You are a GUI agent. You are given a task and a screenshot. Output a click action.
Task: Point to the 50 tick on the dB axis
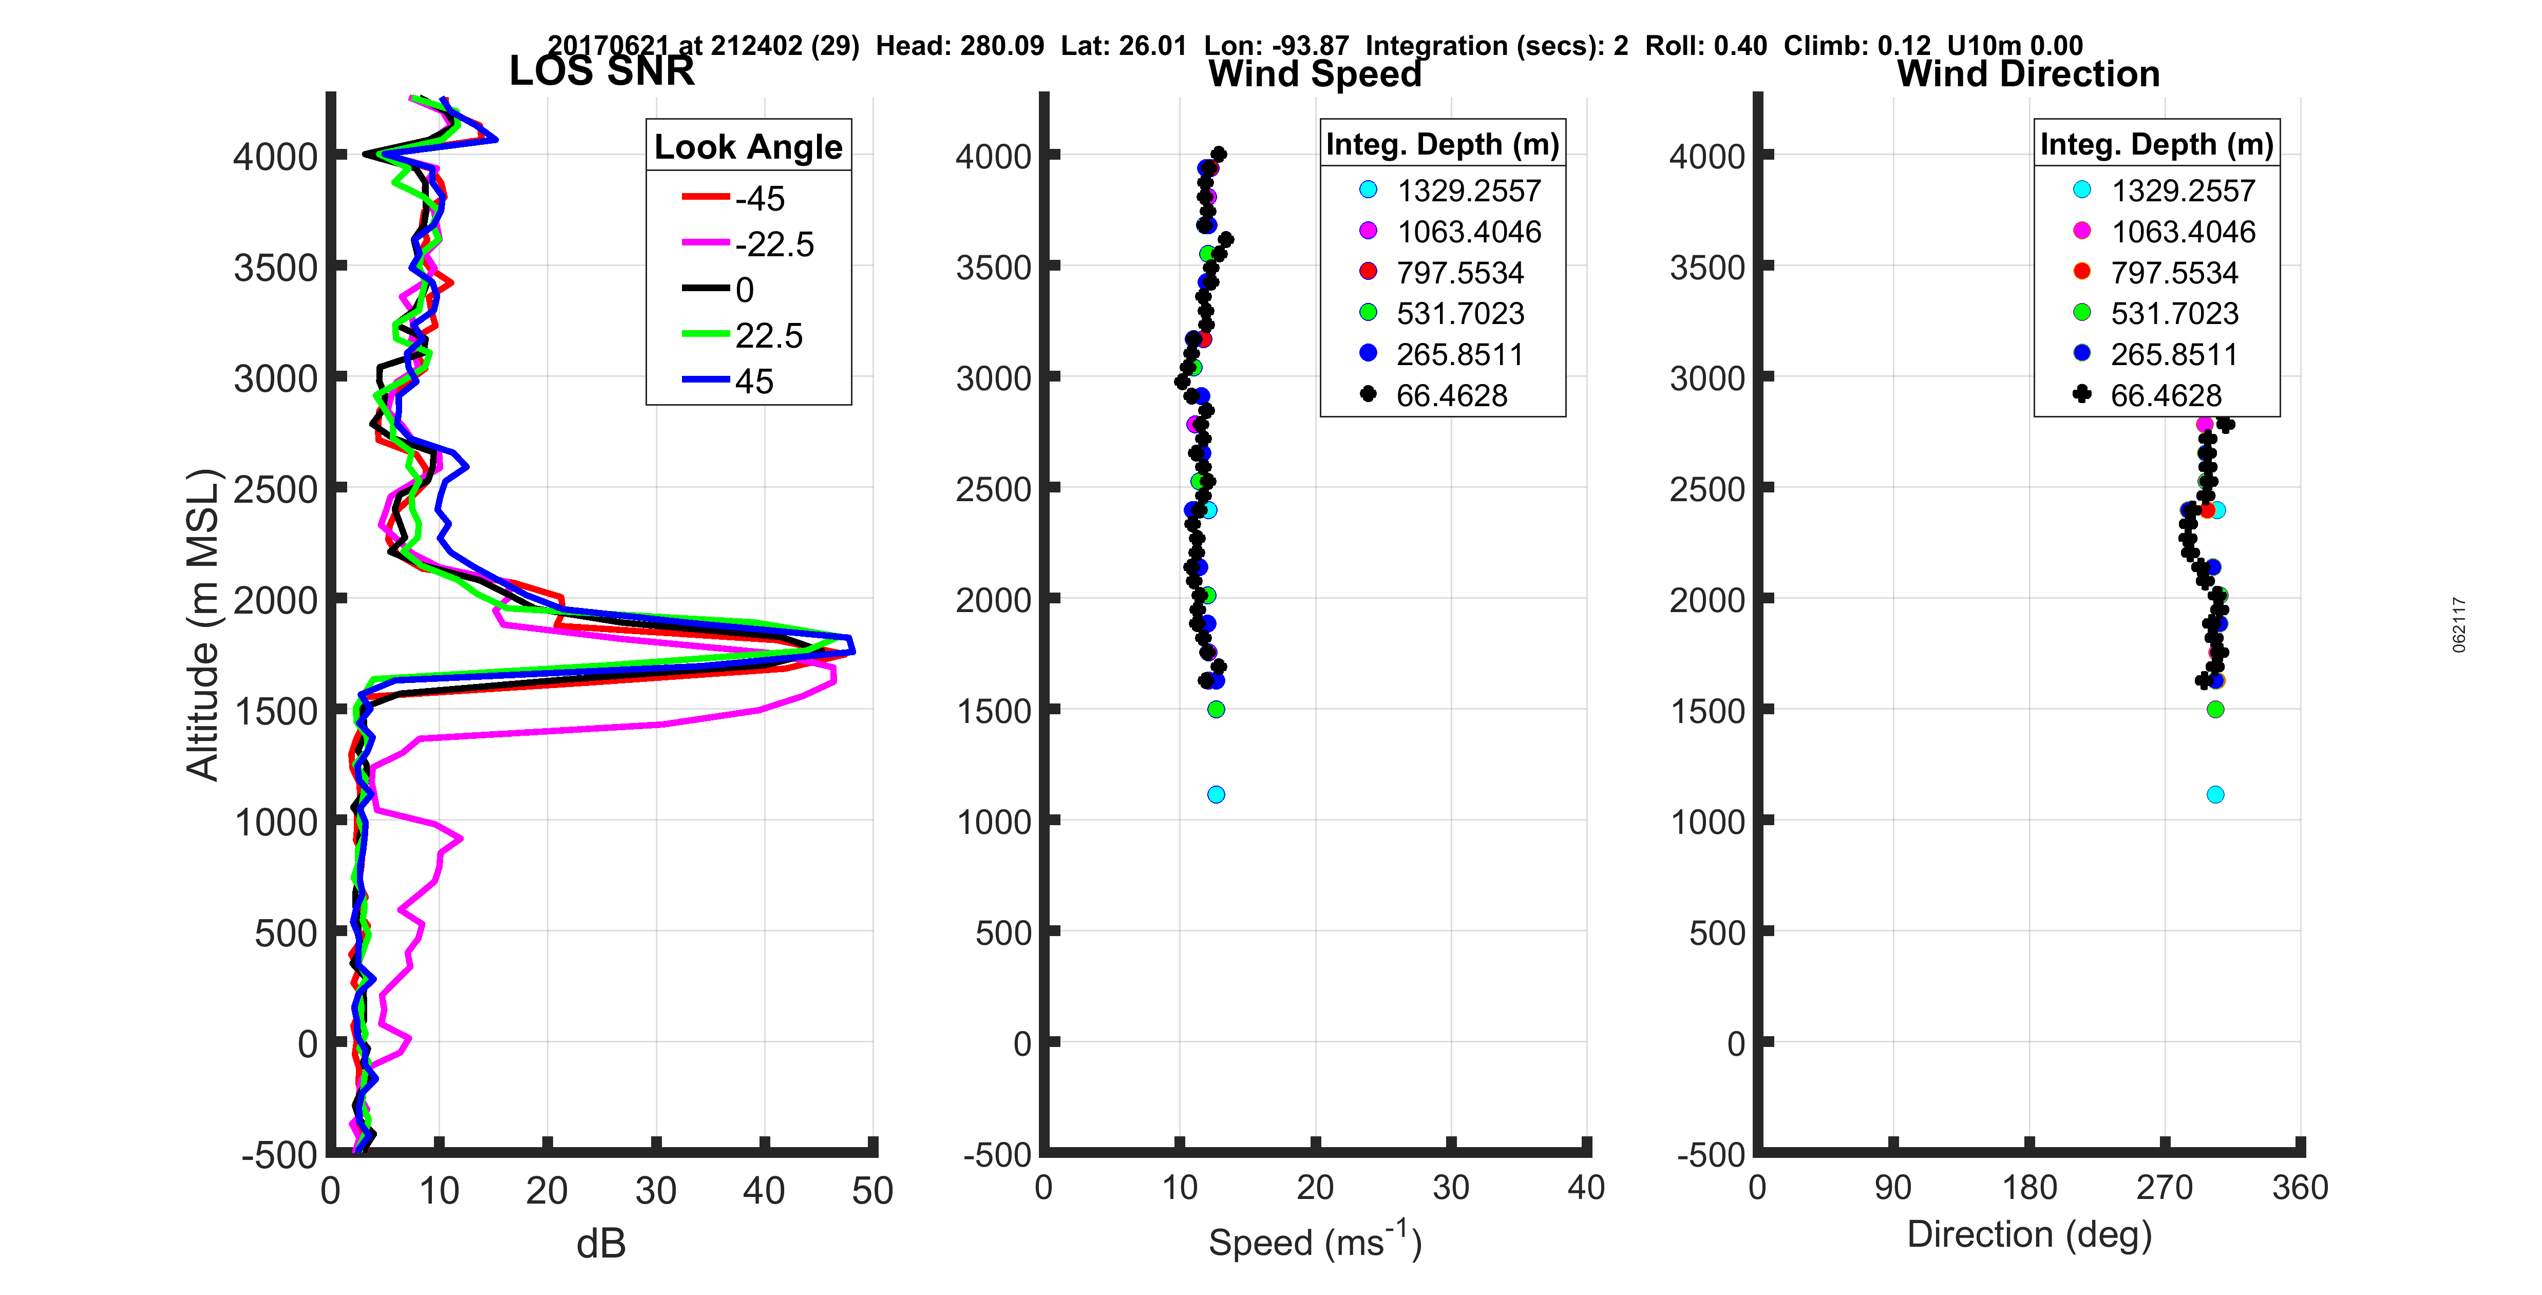coord(872,1190)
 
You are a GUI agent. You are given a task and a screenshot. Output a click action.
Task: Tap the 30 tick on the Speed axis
coord(1451,1187)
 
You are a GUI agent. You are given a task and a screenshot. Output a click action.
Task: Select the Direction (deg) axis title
coord(2029,1235)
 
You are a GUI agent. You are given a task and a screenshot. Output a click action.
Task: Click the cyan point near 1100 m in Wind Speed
coord(1216,794)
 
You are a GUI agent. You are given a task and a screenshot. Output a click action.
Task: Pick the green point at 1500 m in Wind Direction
coord(2215,710)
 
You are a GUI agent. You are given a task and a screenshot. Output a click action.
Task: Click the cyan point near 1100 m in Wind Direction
coord(2215,794)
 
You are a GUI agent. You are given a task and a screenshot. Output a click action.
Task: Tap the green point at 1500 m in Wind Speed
coord(1216,710)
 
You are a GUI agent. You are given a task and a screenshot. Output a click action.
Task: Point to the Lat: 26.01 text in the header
coord(1123,45)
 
